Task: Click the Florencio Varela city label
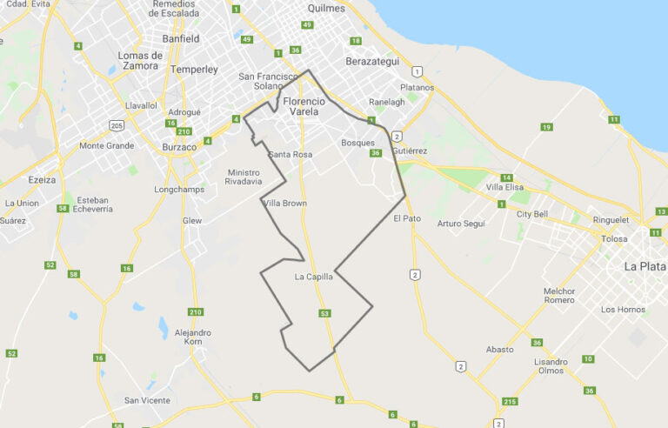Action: click(x=304, y=106)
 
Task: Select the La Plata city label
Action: click(x=645, y=266)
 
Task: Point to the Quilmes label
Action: click(x=326, y=8)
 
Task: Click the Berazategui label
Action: click(x=371, y=63)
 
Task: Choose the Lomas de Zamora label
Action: click(x=140, y=60)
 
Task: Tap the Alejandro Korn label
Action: click(x=192, y=338)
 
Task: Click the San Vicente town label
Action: click(x=147, y=400)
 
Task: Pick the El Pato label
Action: click(x=407, y=218)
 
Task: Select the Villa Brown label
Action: click(x=284, y=203)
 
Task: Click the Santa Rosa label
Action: click(x=291, y=154)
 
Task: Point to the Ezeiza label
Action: click(x=42, y=180)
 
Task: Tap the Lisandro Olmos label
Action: click(x=551, y=366)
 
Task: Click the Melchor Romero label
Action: click(x=559, y=296)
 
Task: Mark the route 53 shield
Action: click(x=324, y=313)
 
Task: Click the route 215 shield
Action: click(x=510, y=401)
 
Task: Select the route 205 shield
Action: click(x=117, y=126)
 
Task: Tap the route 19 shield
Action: click(x=546, y=128)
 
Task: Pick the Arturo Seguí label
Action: click(x=461, y=224)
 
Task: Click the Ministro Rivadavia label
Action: click(x=244, y=177)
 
